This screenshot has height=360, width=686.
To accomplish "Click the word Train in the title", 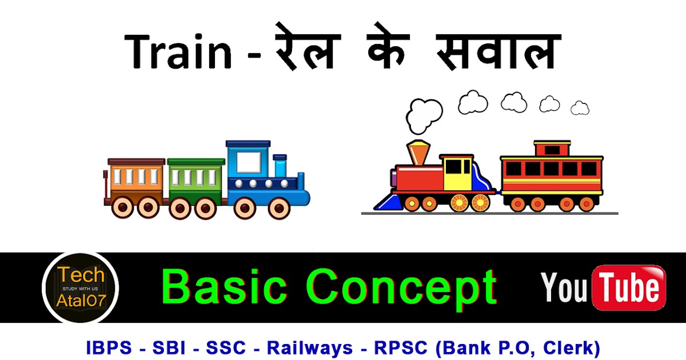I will (x=179, y=51).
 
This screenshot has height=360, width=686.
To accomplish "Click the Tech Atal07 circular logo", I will (x=80, y=287).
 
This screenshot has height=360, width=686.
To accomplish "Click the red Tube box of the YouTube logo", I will (x=629, y=287).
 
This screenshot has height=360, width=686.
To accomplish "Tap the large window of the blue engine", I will (x=247, y=160).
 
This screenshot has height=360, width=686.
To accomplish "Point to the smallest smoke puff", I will (x=580, y=107).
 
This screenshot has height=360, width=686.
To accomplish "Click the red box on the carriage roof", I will (x=552, y=149).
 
